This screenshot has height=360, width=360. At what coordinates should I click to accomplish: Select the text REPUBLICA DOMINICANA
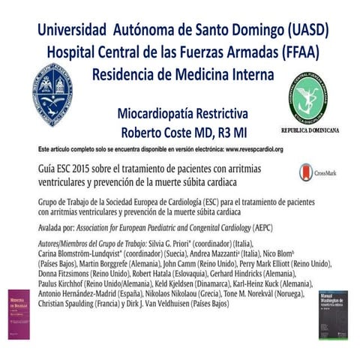(310, 130)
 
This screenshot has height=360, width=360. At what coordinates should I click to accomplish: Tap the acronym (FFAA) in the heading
(292, 53)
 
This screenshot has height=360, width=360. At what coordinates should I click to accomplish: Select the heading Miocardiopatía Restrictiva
(182, 114)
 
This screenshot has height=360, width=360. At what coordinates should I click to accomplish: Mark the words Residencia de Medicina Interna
(183, 75)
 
